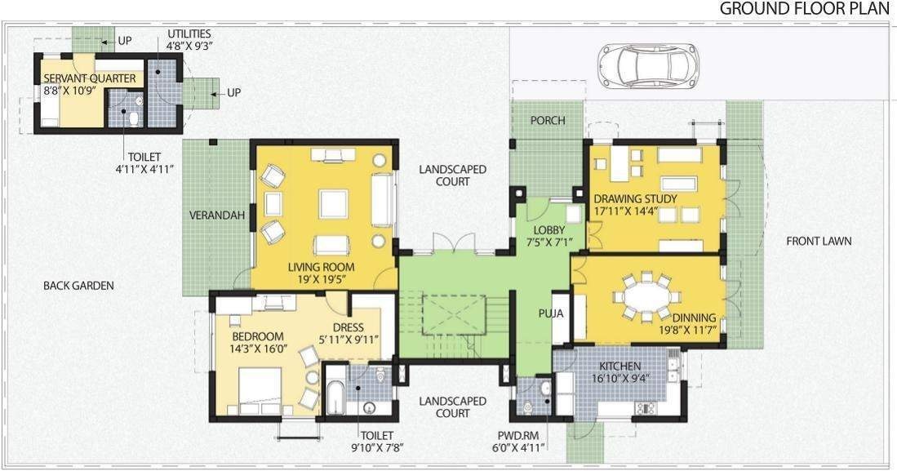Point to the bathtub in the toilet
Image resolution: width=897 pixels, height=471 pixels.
point(335,397)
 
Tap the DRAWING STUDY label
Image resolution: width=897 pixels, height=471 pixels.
point(634,198)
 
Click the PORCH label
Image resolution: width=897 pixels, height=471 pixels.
point(547,121)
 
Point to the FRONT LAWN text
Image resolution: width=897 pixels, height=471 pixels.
point(819,241)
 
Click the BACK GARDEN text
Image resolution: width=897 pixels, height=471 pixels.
point(78,286)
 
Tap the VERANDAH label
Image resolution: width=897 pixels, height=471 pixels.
point(217,216)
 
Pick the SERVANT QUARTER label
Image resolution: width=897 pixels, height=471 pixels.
point(90,78)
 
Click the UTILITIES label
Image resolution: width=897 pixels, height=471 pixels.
point(189,34)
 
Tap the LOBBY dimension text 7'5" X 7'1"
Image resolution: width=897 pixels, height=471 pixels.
point(548,242)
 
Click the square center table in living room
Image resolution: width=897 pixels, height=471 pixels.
point(333,203)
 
